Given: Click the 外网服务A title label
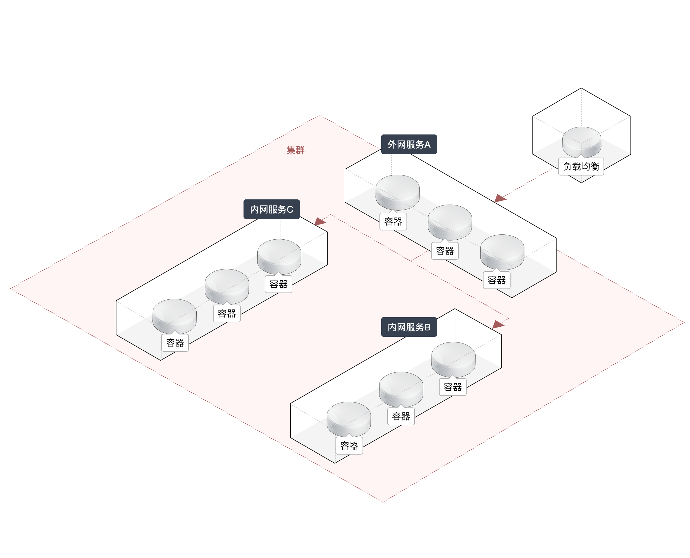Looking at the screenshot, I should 409,144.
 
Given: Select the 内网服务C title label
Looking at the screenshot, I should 271,209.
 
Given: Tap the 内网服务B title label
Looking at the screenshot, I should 409,327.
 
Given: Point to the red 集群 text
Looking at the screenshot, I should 295,150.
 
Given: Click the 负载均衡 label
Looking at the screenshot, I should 581,166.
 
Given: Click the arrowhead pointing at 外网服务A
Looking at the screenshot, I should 500,198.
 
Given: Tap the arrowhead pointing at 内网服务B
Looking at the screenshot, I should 497,324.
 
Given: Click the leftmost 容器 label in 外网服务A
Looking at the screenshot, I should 393,222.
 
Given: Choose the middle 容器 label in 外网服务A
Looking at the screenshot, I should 445,251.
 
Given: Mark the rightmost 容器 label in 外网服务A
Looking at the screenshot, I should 497,280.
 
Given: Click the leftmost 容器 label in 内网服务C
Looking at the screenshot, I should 175,343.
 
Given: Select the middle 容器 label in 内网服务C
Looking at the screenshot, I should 227,313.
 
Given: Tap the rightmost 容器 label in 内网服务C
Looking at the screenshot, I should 278,284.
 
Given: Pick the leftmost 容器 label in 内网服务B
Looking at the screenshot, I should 349,445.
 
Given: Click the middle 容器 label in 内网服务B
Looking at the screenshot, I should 401,416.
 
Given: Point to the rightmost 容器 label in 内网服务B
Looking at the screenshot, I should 453,387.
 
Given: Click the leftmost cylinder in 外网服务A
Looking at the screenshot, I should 397,192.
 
